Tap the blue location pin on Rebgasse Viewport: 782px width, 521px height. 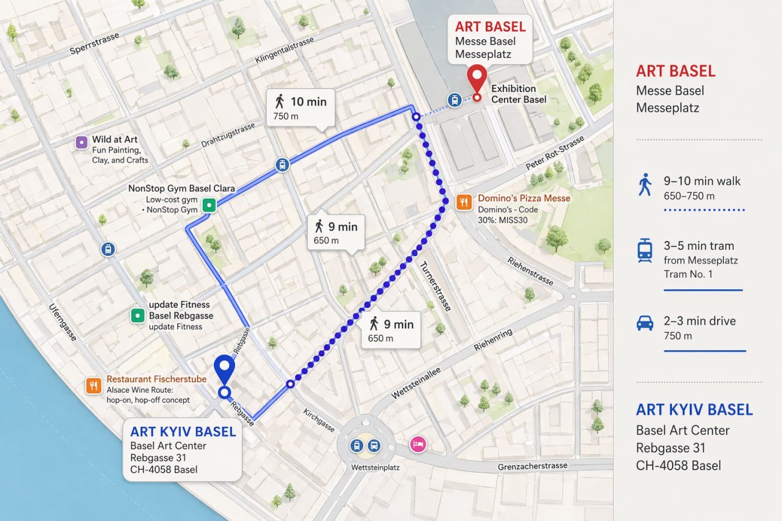(x=225, y=369)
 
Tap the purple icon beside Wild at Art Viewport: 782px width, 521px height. (x=81, y=142)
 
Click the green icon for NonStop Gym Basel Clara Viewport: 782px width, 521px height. (x=209, y=205)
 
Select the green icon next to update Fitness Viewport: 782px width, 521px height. (x=137, y=315)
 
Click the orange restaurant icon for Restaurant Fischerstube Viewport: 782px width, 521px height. (x=93, y=385)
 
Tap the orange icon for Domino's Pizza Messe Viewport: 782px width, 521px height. (x=464, y=202)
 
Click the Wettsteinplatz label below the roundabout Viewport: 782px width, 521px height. (x=367, y=467)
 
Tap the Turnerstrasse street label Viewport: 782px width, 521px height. (x=435, y=286)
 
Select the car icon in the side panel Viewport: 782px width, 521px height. (x=645, y=323)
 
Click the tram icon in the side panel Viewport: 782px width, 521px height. (x=645, y=251)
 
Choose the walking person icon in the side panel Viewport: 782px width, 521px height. (x=645, y=184)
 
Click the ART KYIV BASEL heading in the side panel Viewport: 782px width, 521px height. (x=694, y=409)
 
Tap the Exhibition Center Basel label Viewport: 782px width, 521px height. (x=519, y=94)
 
